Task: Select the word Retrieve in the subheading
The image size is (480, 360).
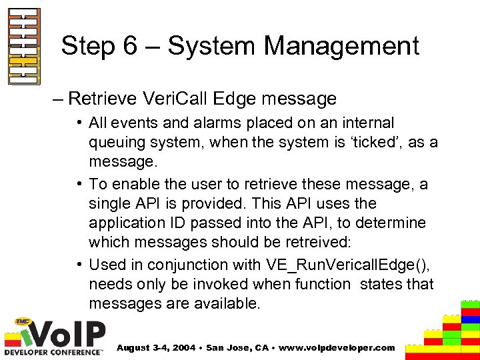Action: pos(103,99)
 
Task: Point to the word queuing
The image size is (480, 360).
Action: pos(116,141)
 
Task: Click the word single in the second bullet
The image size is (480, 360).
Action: pos(109,203)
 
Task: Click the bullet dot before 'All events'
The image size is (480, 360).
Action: pos(79,123)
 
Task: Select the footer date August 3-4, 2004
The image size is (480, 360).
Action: pos(159,347)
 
